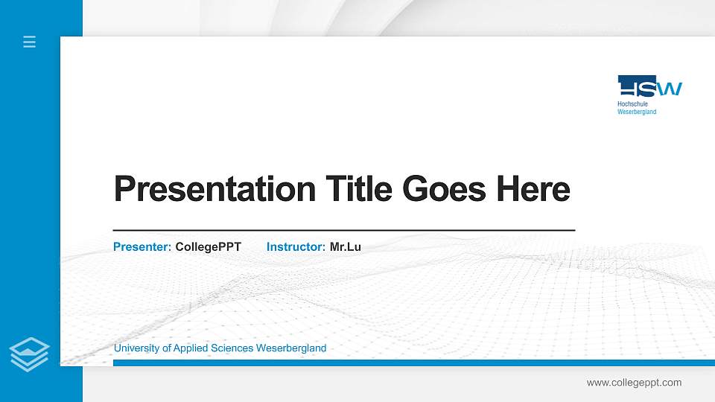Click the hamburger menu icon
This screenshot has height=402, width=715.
click(x=30, y=42)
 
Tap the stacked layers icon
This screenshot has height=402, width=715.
click(x=30, y=354)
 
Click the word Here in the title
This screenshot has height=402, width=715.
click(x=533, y=189)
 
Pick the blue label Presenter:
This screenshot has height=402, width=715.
click(x=142, y=246)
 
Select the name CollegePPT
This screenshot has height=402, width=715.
click(x=208, y=246)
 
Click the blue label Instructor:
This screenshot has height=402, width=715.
click(x=296, y=246)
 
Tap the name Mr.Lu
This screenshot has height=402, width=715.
click(x=345, y=246)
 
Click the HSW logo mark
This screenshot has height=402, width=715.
click(x=649, y=86)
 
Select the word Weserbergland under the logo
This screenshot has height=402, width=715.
click(x=637, y=112)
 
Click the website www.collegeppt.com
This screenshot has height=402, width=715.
click(x=634, y=383)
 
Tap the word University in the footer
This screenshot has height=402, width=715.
click(x=137, y=348)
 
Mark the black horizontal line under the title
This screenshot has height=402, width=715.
click(x=343, y=231)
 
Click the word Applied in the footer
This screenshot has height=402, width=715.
click(x=193, y=348)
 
